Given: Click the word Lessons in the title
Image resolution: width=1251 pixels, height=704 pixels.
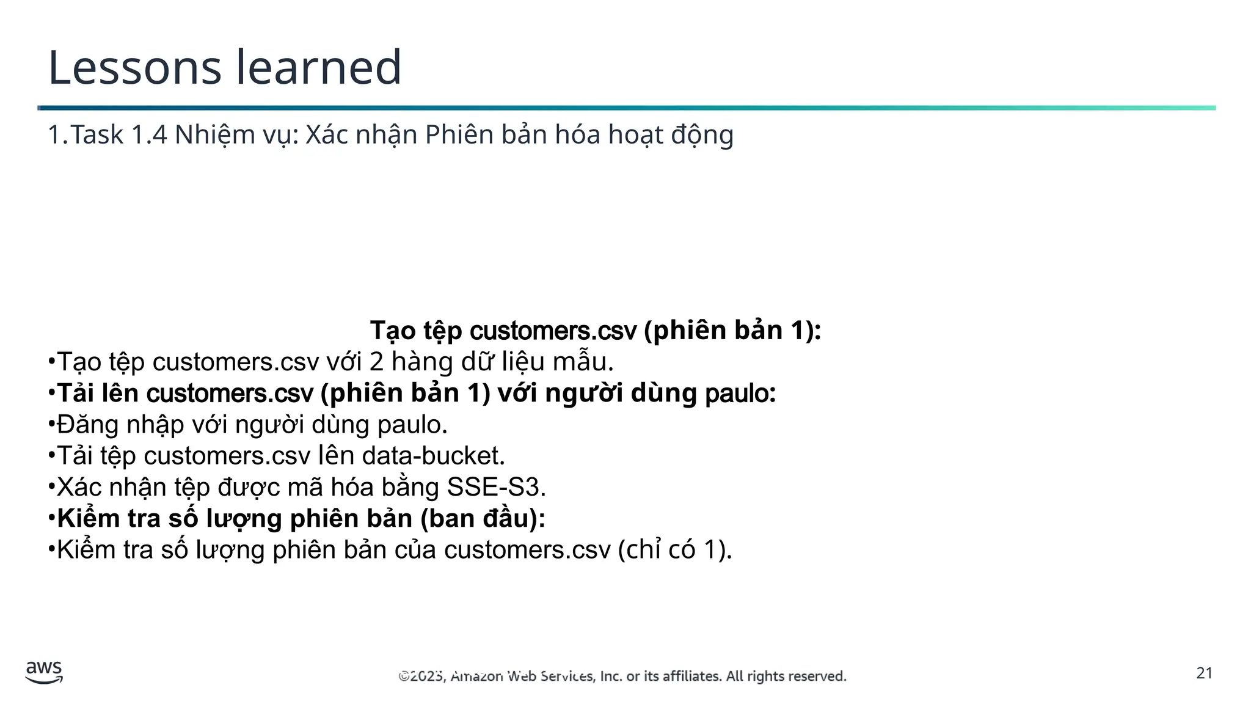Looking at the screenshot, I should point(134,67).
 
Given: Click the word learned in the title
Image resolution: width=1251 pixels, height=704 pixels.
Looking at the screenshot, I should point(318,67).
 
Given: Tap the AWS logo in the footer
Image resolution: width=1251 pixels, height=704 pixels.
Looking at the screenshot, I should point(44,672).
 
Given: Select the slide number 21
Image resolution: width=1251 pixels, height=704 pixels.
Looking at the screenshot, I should point(1204,673).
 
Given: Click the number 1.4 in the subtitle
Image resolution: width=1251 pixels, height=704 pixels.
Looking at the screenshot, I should point(149,135).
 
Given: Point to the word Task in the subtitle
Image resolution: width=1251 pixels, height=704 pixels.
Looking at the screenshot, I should point(97,135).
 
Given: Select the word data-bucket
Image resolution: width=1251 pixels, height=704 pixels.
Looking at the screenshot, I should point(432,456).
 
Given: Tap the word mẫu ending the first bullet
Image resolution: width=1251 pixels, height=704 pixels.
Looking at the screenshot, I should point(581,362).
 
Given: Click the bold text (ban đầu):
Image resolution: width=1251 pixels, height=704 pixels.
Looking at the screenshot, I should point(483,518).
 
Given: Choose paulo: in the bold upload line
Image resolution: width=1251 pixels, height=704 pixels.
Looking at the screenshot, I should point(740,393).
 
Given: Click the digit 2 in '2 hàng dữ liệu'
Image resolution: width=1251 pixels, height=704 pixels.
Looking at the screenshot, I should point(376,362).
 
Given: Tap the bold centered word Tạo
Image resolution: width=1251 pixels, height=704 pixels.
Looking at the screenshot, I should point(393,331).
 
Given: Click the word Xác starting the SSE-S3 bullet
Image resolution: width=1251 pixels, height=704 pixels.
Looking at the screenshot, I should point(79,487).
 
